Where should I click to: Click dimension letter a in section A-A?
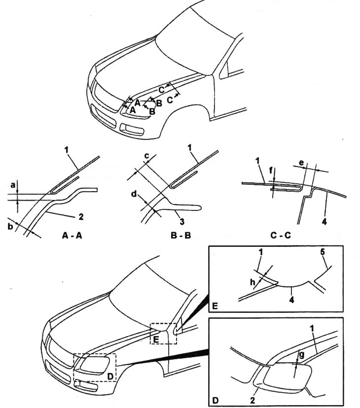(x=12, y=186)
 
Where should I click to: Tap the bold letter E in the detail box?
(x=215, y=305)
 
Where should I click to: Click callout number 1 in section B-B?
(x=191, y=147)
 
